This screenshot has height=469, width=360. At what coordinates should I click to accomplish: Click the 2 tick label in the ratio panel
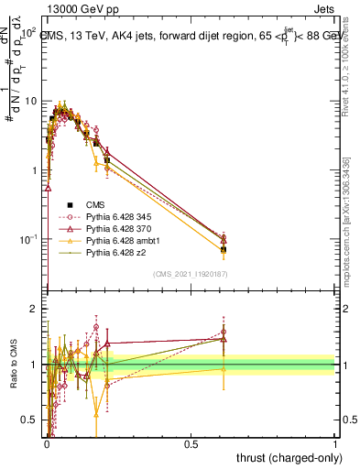coord(33,309)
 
